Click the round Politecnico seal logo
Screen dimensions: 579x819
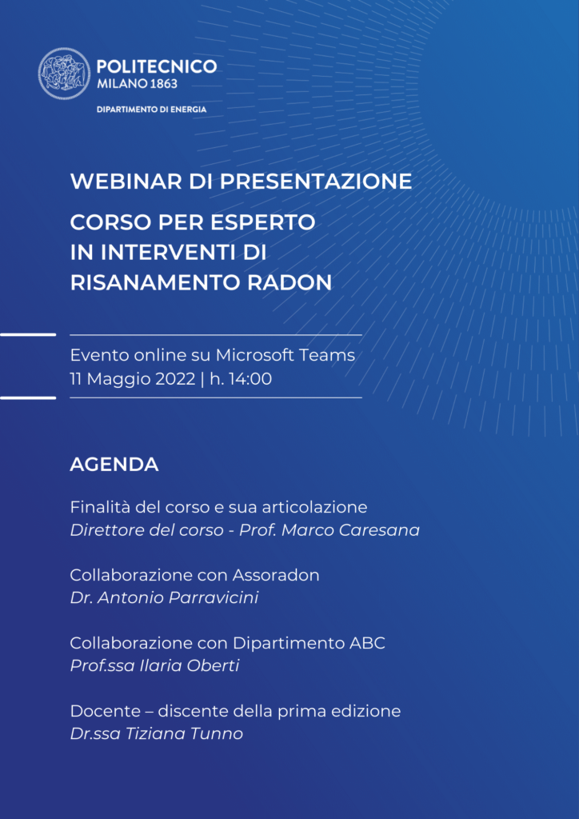[64, 74]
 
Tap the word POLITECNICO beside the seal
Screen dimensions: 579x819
[157, 66]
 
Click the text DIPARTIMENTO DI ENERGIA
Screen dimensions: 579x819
[151, 110]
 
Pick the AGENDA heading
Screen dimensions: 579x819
[114, 465]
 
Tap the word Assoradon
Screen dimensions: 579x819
[276, 575]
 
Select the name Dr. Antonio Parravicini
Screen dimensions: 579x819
[165, 598]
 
